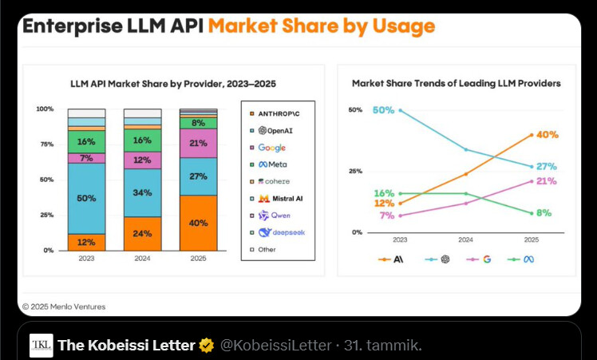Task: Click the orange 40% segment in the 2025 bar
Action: pyautogui.click(x=198, y=223)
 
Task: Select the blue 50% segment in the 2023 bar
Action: pyautogui.click(x=86, y=198)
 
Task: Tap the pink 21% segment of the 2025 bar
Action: pyautogui.click(x=198, y=144)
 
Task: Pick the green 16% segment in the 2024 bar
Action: pyautogui.click(x=142, y=140)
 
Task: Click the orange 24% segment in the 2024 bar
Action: pyautogui.click(x=142, y=234)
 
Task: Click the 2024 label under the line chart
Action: pyautogui.click(x=466, y=239)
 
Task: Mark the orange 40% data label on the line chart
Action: pyautogui.click(x=547, y=135)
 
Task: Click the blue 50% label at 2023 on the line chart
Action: pyautogui.click(x=383, y=110)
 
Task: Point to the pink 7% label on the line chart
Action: pyautogui.click(x=387, y=216)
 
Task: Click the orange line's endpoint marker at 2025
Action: pyautogui.click(x=532, y=135)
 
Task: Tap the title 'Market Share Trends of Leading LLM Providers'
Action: pyautogui.click(x=456, y=83)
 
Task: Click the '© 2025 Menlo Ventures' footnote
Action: pyautogui.click(x=63, y=307)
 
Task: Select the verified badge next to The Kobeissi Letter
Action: pyautogui.click(x=207, y=346)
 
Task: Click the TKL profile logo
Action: pyautogui.click(x=42, y=346)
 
